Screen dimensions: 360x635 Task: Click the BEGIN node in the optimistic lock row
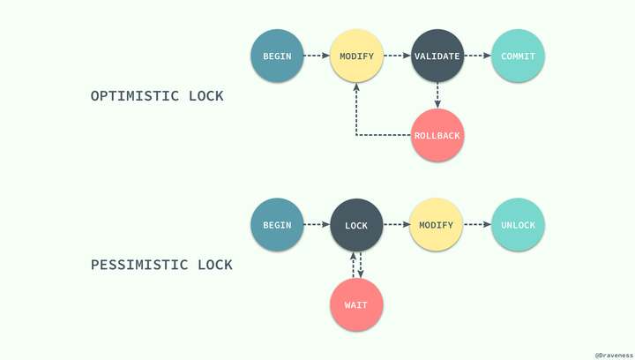(x=277, y=56)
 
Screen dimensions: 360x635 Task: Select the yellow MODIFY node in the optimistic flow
(x=356, y=56)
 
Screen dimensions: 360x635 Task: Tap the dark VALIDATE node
(x=437, y=56)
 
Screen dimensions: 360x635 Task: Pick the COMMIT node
(x=517, y=56)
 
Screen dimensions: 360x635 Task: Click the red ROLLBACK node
(x=437, y=136)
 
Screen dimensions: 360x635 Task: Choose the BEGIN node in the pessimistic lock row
(x=277, y=225)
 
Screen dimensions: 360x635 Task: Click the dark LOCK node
(x=356, y=225)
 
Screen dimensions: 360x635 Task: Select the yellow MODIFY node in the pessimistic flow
(x=437, y=225)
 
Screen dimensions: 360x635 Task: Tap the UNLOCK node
(x=517, y=225)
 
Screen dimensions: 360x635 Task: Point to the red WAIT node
(x=356, y=304)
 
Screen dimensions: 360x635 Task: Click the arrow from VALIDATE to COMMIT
(x=476, y=56)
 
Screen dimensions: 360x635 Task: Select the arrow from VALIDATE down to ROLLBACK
(x=437, y=95)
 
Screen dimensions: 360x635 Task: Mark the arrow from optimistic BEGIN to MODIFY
(x=316, y=56)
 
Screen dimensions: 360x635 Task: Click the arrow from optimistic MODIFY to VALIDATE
(x=396, y=56)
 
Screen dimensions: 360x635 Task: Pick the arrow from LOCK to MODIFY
(x=396, y=225)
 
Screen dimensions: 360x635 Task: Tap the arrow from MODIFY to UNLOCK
(x=476, y=225)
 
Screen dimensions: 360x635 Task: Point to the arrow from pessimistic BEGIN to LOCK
(x=316, y=225)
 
